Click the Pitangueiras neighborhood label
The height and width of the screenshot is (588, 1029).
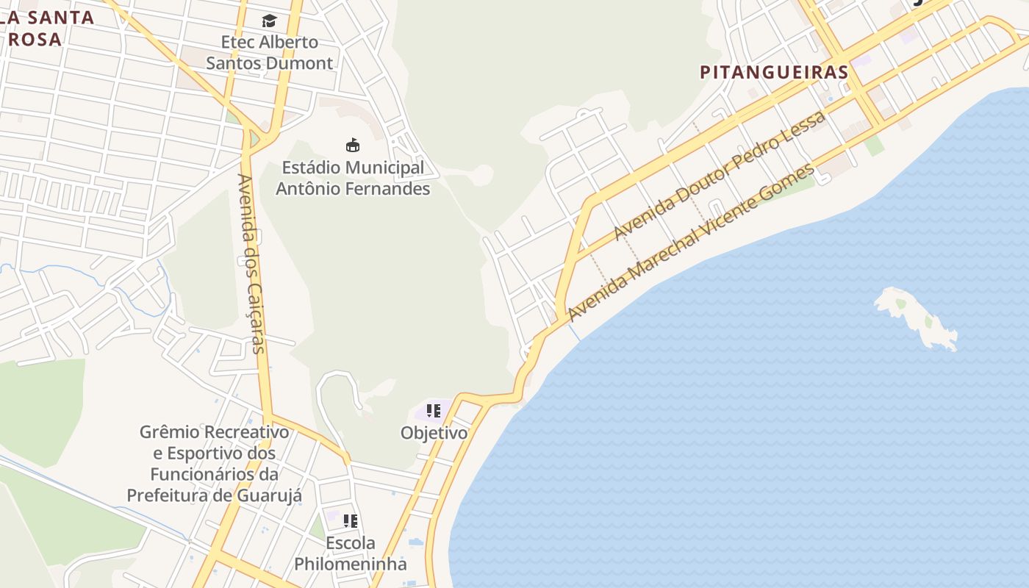[774, 72]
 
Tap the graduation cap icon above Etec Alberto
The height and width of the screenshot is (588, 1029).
[269, 21]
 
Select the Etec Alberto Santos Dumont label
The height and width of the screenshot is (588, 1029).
[269, 52]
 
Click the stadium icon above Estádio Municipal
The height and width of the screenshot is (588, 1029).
[353, 145]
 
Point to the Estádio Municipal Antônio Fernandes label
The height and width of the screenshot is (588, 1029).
[352, 178]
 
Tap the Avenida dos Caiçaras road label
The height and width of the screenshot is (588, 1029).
[252, 263]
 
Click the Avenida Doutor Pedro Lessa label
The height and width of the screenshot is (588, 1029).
[720, 175]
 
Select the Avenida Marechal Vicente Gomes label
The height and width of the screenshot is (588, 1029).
[691, 242]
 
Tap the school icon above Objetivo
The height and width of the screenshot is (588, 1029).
[434, 411]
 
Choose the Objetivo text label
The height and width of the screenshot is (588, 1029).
[434, 433]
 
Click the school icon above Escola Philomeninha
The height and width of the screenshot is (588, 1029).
[351, 521]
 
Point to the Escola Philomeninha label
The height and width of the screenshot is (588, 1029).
[351, 553]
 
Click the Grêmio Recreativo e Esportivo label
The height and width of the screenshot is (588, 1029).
[214, 463]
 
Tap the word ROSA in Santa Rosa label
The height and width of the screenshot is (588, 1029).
[35, 39]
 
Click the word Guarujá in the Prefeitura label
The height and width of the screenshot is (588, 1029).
[270, 495]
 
